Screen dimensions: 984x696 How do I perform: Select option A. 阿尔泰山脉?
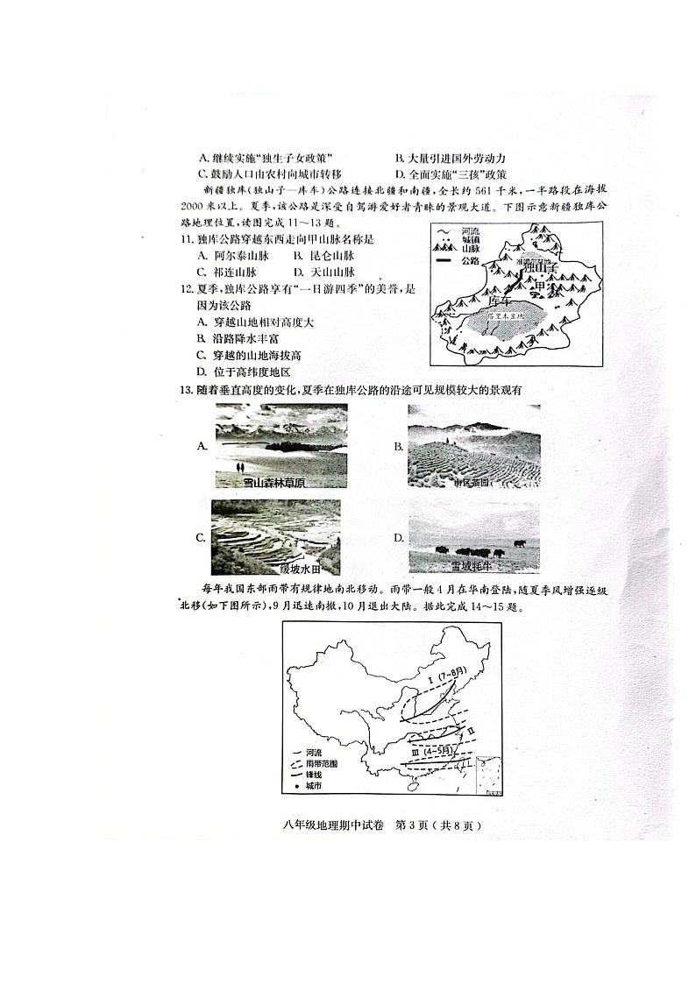231,256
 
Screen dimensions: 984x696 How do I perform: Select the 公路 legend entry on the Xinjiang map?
469,260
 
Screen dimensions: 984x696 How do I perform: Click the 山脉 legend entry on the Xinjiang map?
469,250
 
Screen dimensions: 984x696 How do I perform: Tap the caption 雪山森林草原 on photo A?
273,482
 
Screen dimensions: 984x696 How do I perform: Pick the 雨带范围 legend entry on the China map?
320,764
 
